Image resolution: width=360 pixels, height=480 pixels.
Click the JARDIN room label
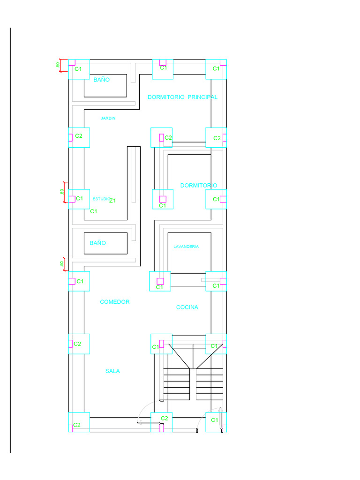(108, 118)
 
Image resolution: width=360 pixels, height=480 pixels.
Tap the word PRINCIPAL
(202, 97)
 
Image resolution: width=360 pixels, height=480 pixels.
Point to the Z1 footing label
(112, 201)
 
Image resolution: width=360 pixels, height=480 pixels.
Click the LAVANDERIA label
(186, 247)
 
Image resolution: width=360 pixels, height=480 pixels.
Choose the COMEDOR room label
(115, 302)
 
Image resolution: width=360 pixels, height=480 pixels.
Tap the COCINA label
(187, 307)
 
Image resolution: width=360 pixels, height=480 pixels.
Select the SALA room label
(112, 371)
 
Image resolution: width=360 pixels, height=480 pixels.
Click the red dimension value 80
(62, 192)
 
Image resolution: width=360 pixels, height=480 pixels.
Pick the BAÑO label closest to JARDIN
(101, 80)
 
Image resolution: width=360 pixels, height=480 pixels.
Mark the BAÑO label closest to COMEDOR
(98, 243)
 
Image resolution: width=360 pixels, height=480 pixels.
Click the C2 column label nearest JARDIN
(79, 136)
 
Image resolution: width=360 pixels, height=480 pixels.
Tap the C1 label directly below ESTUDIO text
(94, 211)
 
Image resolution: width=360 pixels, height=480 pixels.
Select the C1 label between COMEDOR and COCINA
(160, 287)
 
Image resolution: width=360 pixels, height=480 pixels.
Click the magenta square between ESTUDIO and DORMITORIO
(163, 199)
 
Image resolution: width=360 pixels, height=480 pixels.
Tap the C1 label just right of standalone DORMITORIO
(216, 199)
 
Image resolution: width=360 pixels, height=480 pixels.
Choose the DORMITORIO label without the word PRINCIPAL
(199, 186)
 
